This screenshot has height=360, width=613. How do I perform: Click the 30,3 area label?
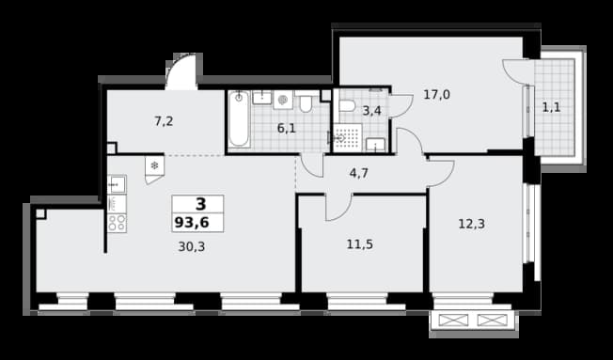[x=192, y=246]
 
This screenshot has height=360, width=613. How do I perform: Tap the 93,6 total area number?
[x=192, y=223]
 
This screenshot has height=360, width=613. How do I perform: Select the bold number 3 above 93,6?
[x=200, y=204]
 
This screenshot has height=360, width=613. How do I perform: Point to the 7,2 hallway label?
[x=164, y=121]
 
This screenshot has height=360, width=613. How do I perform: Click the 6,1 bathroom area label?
[x=287, y=128]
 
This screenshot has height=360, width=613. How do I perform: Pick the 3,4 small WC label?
[x=371, y=111]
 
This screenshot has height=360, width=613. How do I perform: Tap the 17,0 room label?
[x=436, y=95]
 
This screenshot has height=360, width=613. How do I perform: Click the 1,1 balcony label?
[x=551, y=107]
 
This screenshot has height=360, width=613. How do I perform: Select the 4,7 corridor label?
[x=358, y=173]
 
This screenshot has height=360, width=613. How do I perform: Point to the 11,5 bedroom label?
[x=360, y=244]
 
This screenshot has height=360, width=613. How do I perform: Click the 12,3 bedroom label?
[x=471, y=224]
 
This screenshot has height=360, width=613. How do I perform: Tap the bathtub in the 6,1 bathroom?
[x=239, y=118]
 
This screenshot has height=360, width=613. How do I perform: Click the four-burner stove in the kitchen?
[x=117, y=223]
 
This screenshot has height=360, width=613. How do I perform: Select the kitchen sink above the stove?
[x=117, y=184]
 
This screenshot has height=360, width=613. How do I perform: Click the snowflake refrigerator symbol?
[x=154, y=165]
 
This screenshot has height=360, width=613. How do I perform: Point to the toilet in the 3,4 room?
[x=346, y=105]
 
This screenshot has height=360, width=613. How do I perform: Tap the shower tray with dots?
[x=347, y=137]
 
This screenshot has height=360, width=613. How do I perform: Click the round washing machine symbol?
[x=283, y=100]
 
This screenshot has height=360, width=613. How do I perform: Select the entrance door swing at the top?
[x=181, y=71]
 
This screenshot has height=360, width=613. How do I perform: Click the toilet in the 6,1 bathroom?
[x=306, y=102]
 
